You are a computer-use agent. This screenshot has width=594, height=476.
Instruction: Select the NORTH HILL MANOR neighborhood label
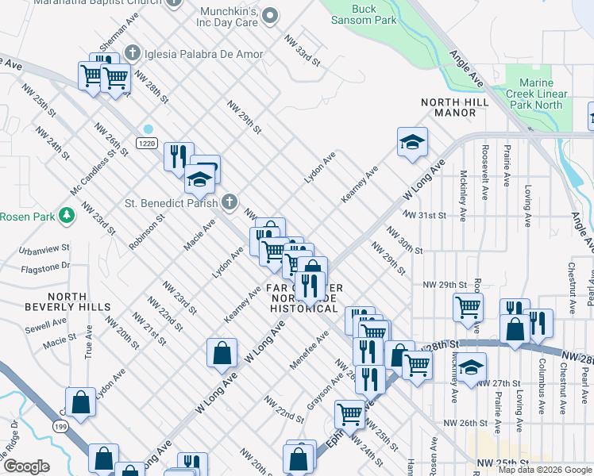pos(448,107)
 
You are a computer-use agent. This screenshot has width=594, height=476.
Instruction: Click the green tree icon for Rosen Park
pos(67,214)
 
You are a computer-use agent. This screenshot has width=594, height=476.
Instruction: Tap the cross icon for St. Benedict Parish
pos(229,201)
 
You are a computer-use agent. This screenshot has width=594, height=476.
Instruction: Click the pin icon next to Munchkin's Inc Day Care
pos(270,14)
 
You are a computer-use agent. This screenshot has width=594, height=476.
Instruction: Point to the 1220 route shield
pos(145,143)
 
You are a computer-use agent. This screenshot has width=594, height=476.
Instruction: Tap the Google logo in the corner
pos(26,466)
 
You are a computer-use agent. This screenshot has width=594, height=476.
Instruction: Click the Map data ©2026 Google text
pos(545,470)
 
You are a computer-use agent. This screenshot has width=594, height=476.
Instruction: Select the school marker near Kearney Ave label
pos(411,143)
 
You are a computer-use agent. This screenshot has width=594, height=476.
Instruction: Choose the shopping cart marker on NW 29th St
pos(468,306)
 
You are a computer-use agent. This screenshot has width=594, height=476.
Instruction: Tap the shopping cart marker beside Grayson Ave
pos(349,413)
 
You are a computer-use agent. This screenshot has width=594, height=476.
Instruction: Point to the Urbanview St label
pos(44,250)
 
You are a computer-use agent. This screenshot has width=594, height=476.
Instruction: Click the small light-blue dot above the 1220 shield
pos(148,129)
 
